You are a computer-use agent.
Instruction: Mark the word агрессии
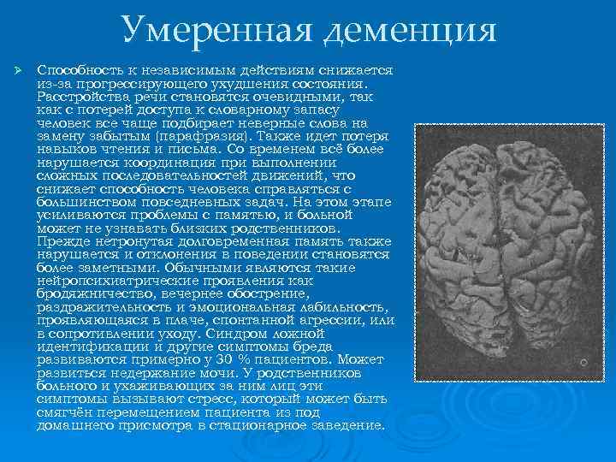click(314, 320)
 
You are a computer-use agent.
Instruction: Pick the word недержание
click(128, 373)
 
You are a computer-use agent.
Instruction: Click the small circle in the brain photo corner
click(583, 363)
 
